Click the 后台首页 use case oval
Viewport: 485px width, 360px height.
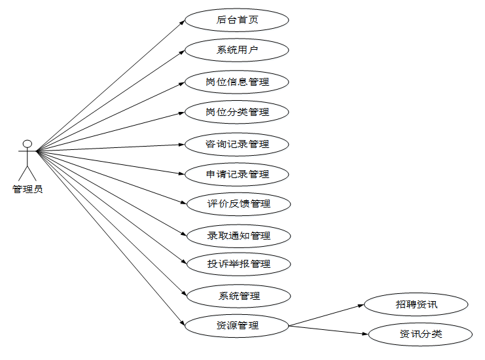(237, 20)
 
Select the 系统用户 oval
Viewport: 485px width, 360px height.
(237, 50)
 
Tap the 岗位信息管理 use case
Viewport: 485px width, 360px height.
(237, 82)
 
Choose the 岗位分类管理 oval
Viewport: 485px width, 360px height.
(237, 112)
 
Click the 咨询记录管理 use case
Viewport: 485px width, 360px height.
(237, 144)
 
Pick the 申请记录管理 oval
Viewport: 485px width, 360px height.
(237, 174)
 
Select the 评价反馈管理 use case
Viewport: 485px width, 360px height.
(238, 204)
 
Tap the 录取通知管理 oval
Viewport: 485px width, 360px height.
(238, 235)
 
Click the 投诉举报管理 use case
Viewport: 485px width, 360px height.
(238, 264)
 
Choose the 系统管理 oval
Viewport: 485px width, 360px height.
(238, 296)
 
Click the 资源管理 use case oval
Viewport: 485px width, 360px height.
(237, 325)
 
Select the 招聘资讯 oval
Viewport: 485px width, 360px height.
(416, 304)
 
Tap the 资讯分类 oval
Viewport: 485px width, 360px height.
(420, 334)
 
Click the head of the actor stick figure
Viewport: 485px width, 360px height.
(27, 143)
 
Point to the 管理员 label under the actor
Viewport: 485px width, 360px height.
(27, 190)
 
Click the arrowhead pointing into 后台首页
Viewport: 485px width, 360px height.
(183, 22)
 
